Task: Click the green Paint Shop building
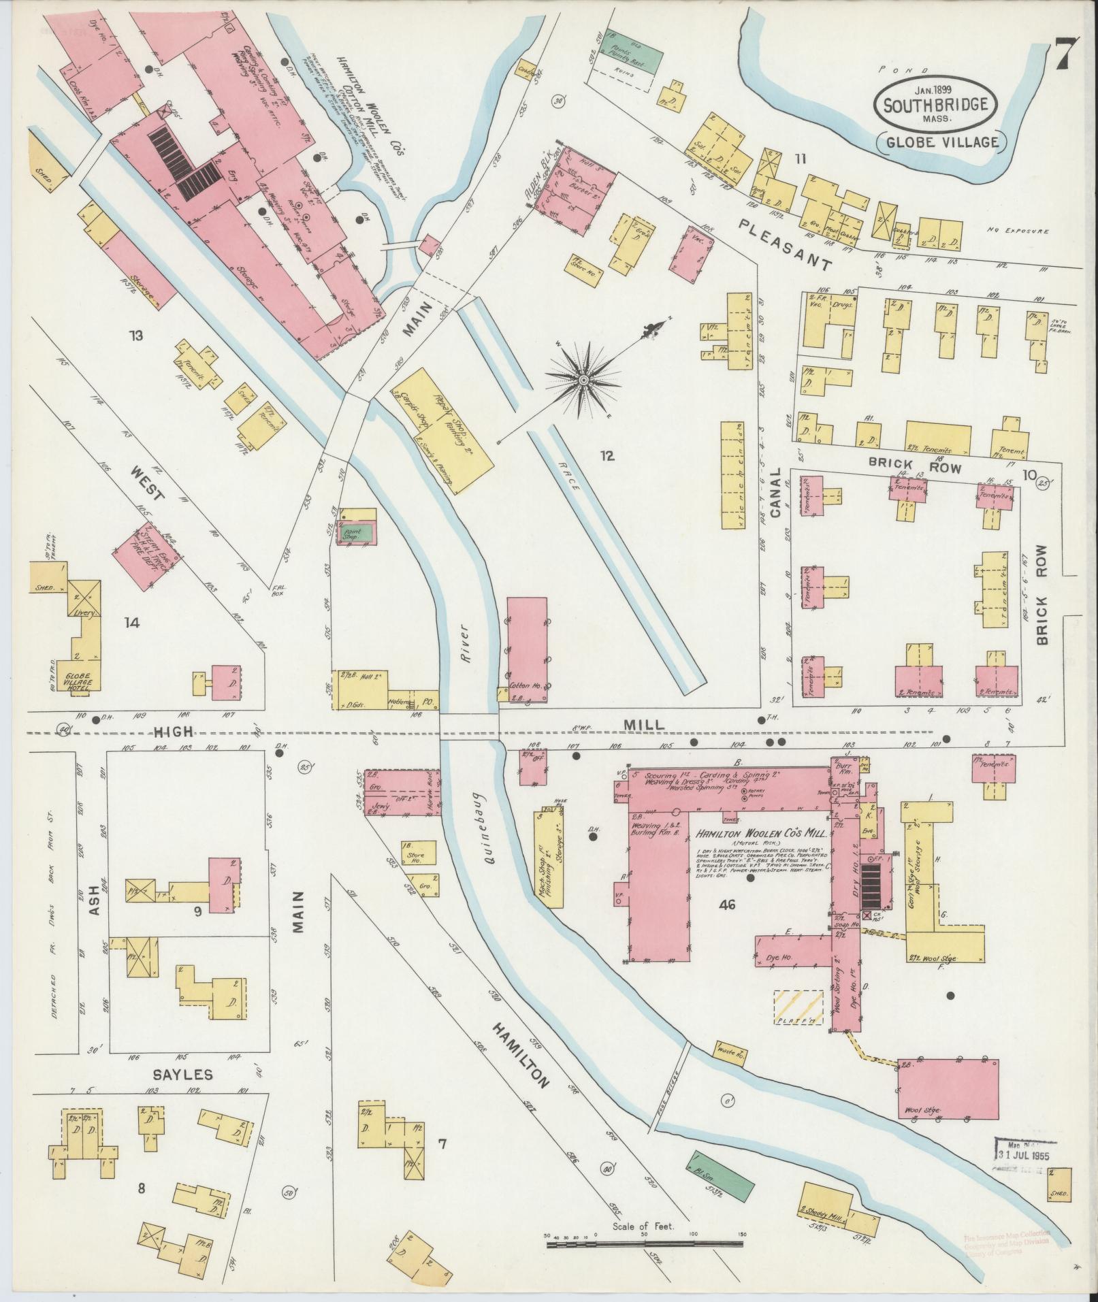(x=358, y=532)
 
